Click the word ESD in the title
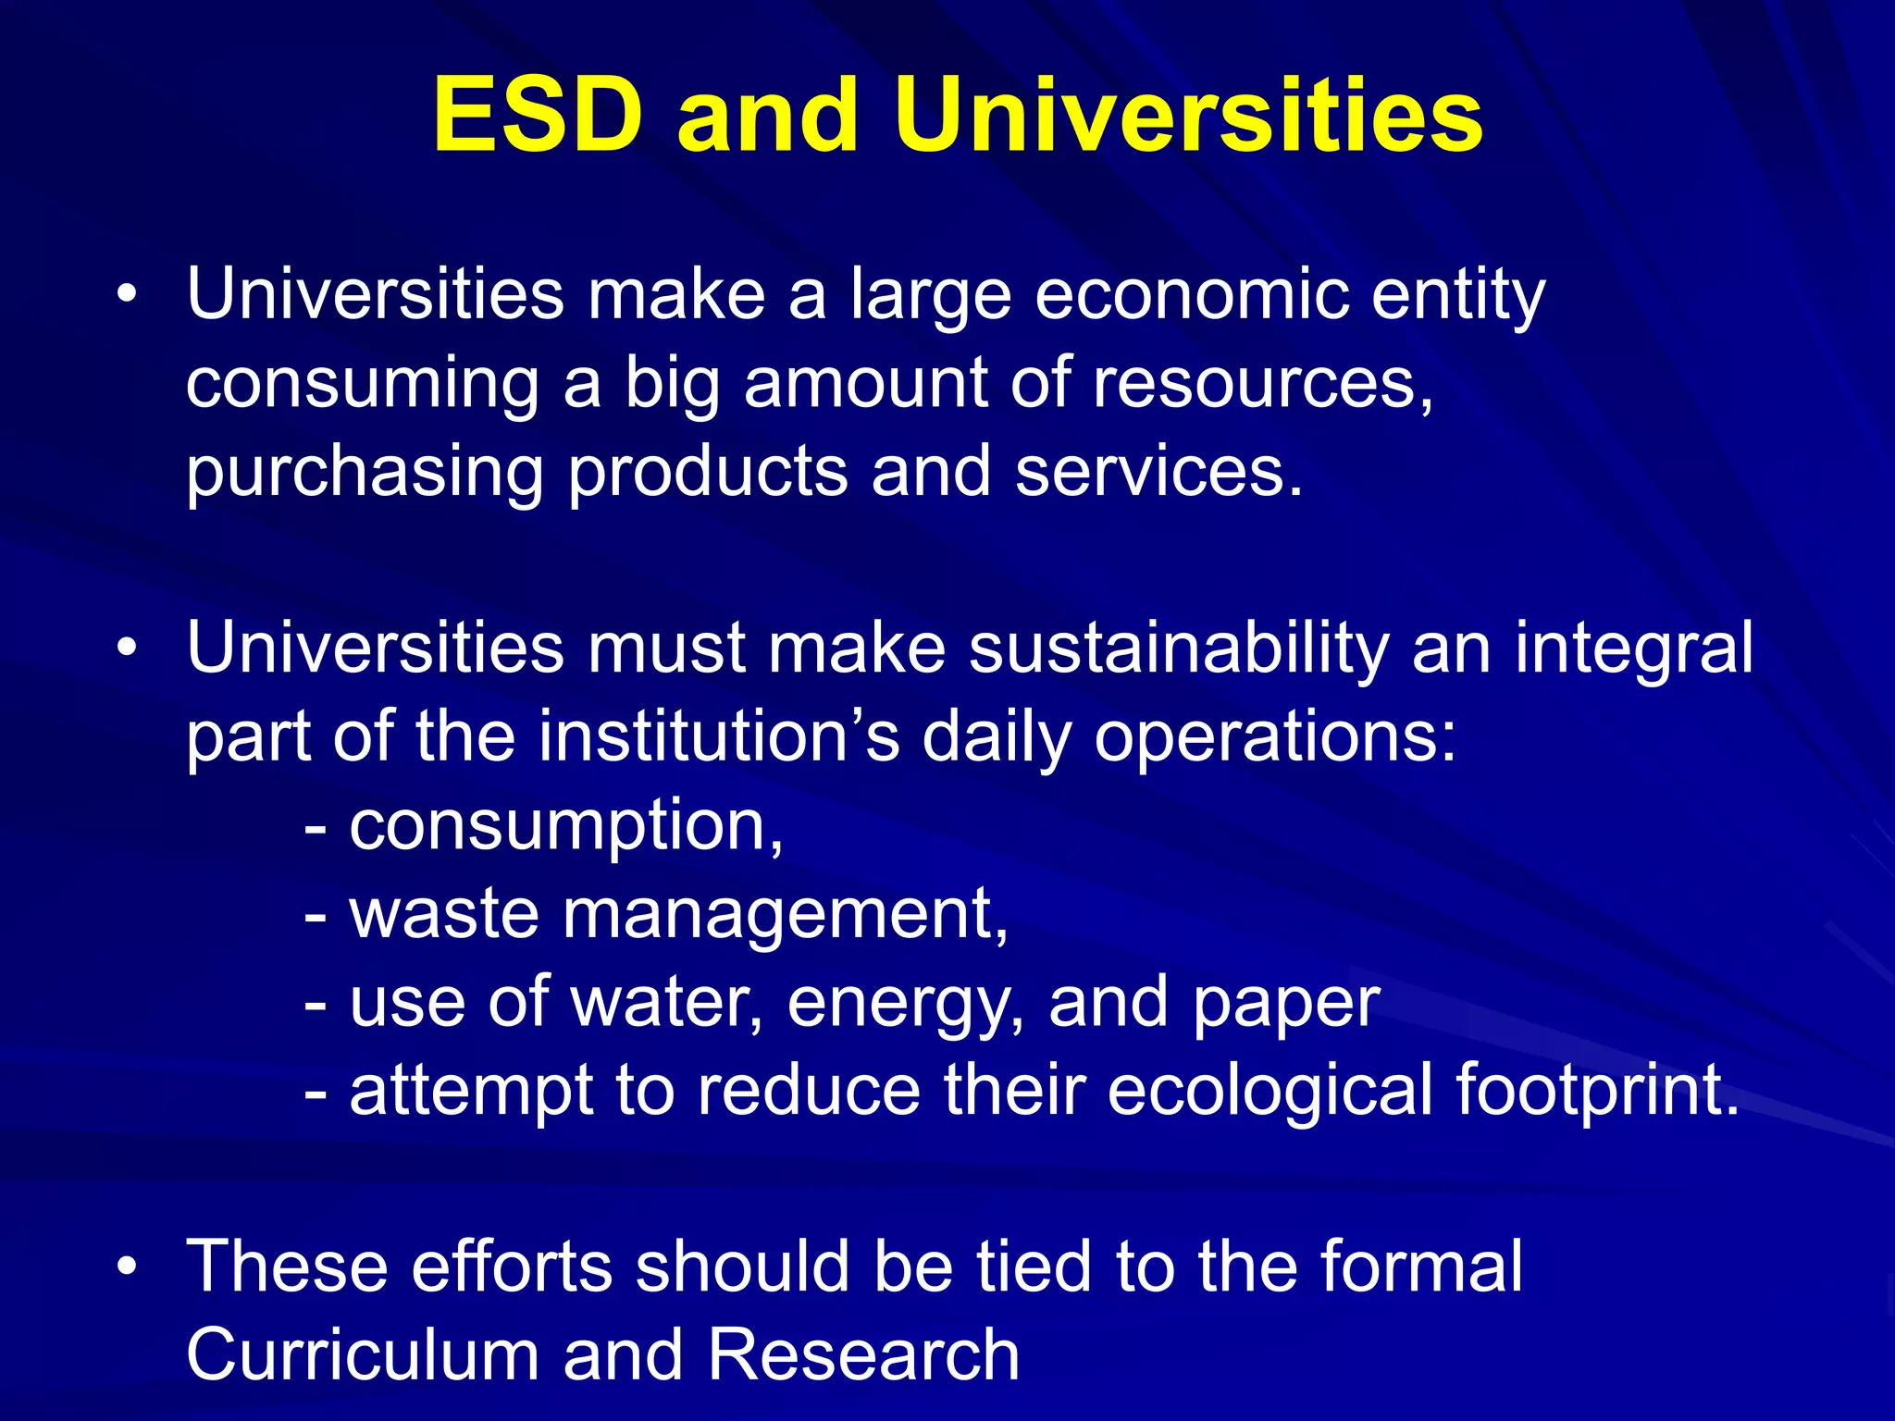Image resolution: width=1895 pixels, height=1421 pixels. point(538,116)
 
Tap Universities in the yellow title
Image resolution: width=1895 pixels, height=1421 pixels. point(1188,116)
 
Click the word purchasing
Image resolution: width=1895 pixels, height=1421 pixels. point(365,472)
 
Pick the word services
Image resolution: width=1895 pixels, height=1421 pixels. point(1158,472)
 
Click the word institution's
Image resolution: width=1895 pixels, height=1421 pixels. point(719,737)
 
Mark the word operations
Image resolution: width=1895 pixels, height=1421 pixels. point(1275,737)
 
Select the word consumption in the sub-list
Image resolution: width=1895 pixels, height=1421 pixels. point(565,826)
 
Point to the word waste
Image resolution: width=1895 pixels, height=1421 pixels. point(443,914)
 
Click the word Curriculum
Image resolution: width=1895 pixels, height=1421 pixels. point(363,1355)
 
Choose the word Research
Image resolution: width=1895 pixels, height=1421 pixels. point(863,1355)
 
